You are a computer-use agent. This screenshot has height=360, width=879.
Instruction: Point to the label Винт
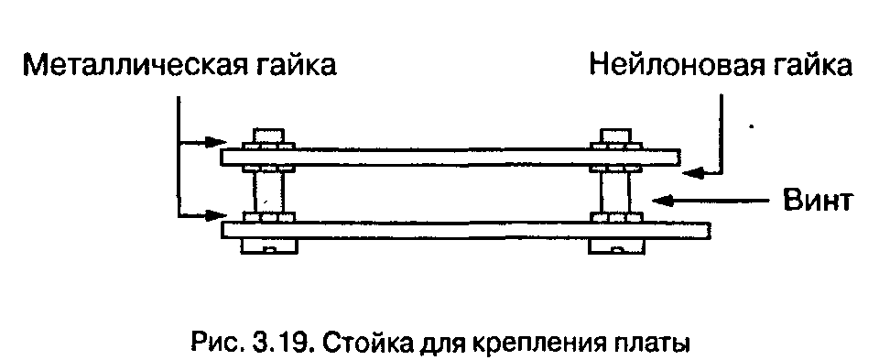[818, 200]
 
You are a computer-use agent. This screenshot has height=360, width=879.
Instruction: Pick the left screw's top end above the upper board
[268, 136]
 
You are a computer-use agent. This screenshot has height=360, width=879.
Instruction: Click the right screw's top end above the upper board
[616, 136]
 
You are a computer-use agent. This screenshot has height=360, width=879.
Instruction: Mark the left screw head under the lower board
[269, 246]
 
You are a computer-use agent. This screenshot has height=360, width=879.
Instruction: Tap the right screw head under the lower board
[616, 246]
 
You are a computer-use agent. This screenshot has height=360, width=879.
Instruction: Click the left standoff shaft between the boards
[268, 191]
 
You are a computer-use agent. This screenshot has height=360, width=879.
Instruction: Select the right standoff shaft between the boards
[615, 191]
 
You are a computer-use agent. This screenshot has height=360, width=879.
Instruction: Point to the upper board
[450, 157]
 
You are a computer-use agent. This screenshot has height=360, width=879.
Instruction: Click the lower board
[466, 230]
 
